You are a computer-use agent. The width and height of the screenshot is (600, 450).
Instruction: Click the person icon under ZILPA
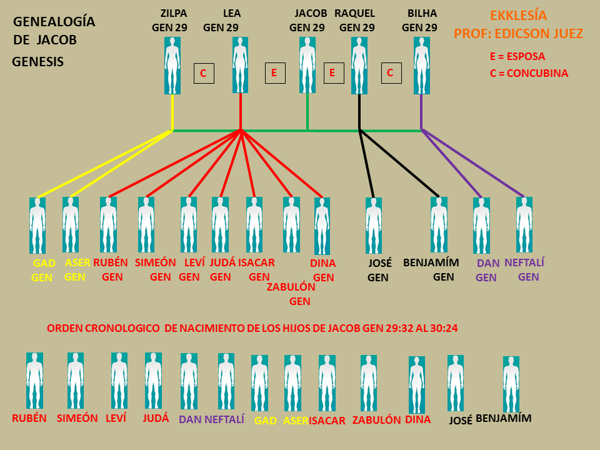click(172, 65)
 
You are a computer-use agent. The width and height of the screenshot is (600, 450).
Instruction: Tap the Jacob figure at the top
click(307, 65)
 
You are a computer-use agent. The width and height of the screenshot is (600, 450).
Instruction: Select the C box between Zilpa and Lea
click(203, 73)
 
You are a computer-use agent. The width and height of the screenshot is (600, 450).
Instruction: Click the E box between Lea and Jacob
click(274, 73)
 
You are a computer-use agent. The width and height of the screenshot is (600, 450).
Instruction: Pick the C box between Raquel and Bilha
click(391, 72)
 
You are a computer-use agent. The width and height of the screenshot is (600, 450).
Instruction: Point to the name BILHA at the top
click(422, 13)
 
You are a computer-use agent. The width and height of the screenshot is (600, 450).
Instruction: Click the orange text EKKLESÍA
click(518, 15)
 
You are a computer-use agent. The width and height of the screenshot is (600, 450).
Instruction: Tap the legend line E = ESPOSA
click(517, 56)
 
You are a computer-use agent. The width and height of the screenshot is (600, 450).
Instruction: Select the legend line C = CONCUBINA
click(529, 73)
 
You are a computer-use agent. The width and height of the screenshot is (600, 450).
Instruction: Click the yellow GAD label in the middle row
click(44, 263)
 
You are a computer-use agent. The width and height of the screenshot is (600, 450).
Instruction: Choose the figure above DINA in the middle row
click(322, 226)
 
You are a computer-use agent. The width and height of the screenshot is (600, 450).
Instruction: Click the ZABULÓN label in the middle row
click(291, 287)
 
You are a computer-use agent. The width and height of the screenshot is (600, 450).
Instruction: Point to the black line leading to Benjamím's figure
click(400, 164)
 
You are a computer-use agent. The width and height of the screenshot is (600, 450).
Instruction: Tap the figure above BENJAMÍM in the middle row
click(439, 225)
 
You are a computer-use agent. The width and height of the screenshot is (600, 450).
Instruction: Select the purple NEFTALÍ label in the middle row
click(524, 262)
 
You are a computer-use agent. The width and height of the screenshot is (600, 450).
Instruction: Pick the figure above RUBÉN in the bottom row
click(34, 381)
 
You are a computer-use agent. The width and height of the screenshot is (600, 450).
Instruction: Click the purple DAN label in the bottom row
click(190, 419)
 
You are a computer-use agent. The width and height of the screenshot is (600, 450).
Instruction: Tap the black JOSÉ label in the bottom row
click(461, 421)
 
